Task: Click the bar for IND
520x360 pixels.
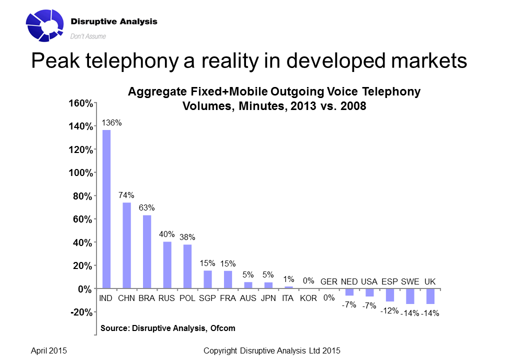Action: (106, 209)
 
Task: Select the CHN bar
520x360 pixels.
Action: (126, 245)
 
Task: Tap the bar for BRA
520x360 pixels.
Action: (147, 251)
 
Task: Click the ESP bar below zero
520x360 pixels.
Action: (389, 295)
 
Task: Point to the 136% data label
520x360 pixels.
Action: (111, 122)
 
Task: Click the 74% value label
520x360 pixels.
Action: (126, 195)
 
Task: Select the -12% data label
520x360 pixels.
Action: (389, 310)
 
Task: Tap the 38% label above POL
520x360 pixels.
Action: (187, 237)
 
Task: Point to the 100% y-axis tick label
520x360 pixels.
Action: (80, 173)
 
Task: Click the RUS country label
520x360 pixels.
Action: (166, 298)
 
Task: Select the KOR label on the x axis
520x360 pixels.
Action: (308, 298)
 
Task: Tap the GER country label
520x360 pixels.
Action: (328, 282)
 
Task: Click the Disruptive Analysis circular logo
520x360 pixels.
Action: (45, 24)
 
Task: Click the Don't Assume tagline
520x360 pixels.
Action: (88, 36)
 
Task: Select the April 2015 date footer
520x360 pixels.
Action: (49, 351)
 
